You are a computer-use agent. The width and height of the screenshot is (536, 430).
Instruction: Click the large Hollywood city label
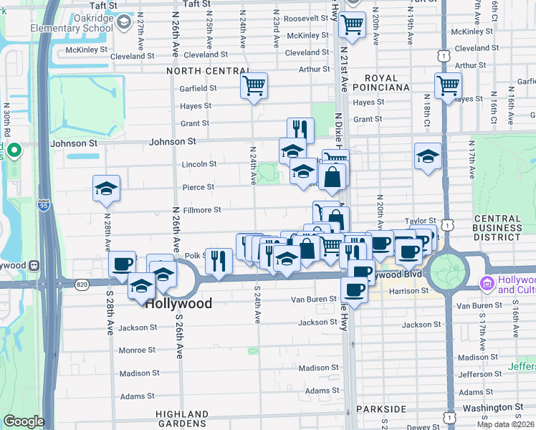(178, 303)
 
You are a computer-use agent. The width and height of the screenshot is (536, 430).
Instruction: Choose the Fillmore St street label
(202, 210)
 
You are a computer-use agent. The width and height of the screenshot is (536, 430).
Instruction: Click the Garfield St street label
(198, 88)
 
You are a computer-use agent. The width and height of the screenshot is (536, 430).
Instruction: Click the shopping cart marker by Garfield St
(254, 85)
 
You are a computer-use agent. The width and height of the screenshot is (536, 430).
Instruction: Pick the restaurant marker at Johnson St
(300, 130)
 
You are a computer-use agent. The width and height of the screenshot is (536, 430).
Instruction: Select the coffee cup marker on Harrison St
(354, 290)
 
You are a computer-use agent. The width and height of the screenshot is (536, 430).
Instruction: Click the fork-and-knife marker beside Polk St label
(219, 261)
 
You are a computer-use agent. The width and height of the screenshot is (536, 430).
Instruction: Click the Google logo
(23, 421)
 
